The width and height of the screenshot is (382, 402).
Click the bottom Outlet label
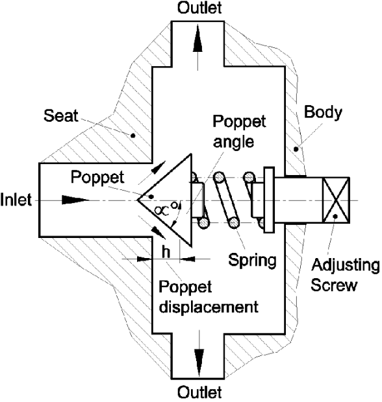point(199,392)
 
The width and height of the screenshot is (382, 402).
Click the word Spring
point(252,261)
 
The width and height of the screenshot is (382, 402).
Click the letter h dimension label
point(166,252)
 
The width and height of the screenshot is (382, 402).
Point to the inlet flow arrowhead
point(73,201)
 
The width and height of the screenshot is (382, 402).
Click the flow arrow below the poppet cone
point(156,231)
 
